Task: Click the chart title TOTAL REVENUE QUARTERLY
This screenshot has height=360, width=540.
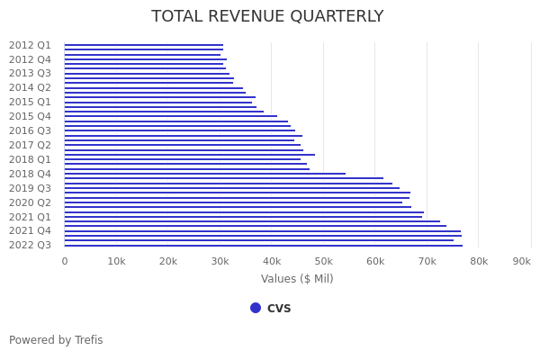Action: pos(267,17)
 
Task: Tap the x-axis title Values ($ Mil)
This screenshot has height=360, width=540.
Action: pos(297,279)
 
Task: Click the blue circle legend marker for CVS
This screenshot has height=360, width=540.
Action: pos(256,308)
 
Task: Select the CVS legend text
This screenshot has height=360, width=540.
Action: pos(279,308)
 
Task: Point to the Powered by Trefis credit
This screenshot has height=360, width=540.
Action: pos(56,340)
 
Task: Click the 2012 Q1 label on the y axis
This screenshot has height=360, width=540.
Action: pos(31,45)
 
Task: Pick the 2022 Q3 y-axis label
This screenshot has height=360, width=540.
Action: pos(31,245)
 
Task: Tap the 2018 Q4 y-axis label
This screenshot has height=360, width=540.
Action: pos(31,174)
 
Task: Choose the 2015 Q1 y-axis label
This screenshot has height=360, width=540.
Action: pos(31,102)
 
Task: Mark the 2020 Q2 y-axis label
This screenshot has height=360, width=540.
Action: pos(31,202)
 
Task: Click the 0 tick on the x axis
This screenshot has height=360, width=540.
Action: pos(65,261)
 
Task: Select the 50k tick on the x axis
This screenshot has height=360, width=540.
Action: pos(323,261)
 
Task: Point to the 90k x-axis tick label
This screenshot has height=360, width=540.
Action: pos(521,261)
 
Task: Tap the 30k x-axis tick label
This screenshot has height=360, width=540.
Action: pos(220,261)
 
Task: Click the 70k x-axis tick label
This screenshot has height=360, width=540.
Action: pos(427,261)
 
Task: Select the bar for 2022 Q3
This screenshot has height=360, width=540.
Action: pos(261,246)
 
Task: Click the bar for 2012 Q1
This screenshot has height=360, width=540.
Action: pos(144,45)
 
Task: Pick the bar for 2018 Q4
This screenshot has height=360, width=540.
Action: pos(205,174)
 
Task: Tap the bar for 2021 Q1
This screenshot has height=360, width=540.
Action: pos(243,217)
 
